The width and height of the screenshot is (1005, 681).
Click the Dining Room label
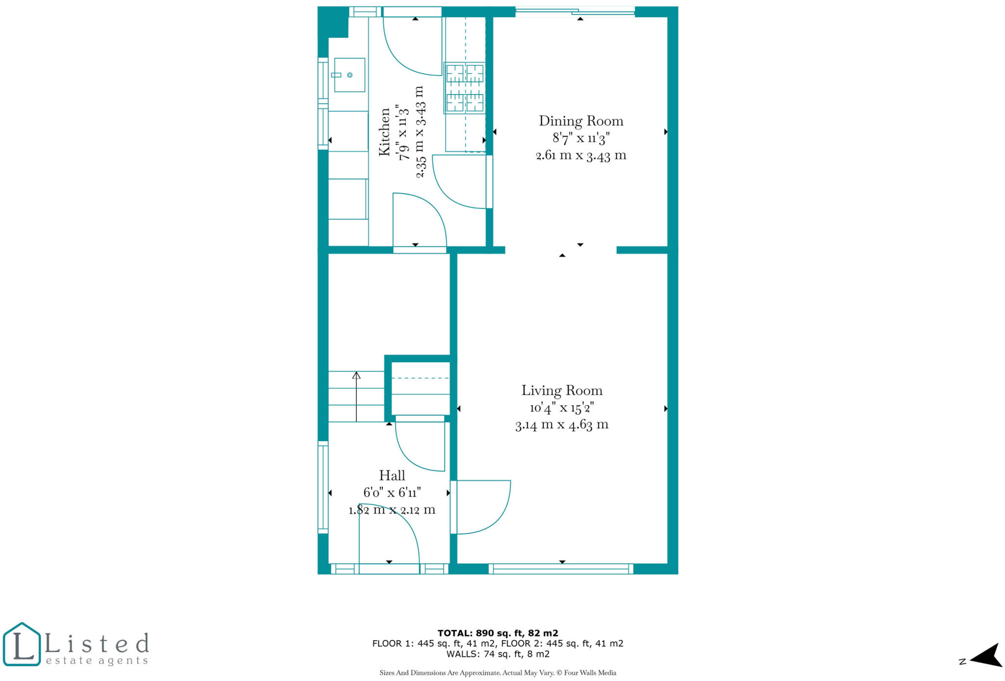[581, 121]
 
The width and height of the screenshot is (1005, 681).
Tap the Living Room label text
[562, 391]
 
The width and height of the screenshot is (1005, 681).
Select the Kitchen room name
[385, 132]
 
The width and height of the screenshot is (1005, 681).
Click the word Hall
[392, 476]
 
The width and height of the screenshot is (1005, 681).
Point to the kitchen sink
[349, 75]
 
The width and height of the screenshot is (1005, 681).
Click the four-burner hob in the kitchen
[465, 88]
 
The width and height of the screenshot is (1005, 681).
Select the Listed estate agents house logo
[22, 644]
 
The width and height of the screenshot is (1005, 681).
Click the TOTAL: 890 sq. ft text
[498, 633]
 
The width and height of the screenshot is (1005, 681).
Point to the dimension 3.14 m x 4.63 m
[562, 425]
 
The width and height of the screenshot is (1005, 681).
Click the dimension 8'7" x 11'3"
[581, 138]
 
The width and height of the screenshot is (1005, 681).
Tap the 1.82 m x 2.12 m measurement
[392, 510]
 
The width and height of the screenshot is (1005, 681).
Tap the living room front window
[561, 569]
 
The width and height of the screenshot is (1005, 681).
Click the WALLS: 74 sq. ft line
[498, 654]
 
